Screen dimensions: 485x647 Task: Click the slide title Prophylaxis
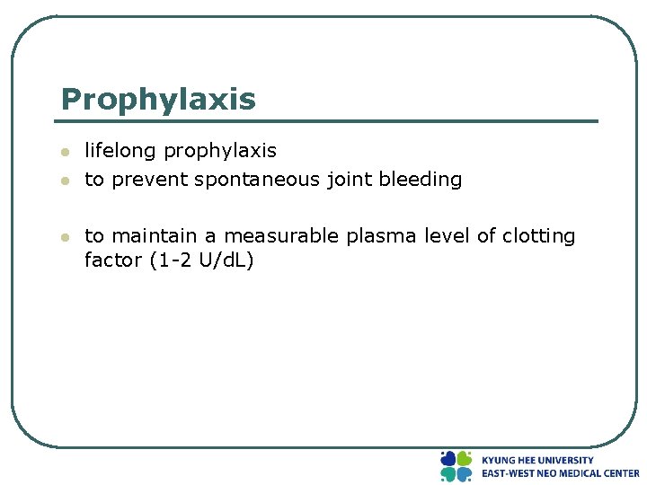[158, 100]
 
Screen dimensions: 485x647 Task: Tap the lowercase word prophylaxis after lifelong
[219, 152]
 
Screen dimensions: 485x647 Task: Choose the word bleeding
[421, 181]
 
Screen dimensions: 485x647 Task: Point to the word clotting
[538, 237]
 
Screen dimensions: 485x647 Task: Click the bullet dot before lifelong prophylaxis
[64, 152]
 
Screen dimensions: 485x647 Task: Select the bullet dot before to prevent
[64, 181]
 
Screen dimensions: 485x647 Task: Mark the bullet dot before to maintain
[64, 237]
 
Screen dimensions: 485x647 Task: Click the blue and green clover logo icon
[456, 466]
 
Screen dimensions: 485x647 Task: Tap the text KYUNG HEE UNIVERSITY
[537, 460]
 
